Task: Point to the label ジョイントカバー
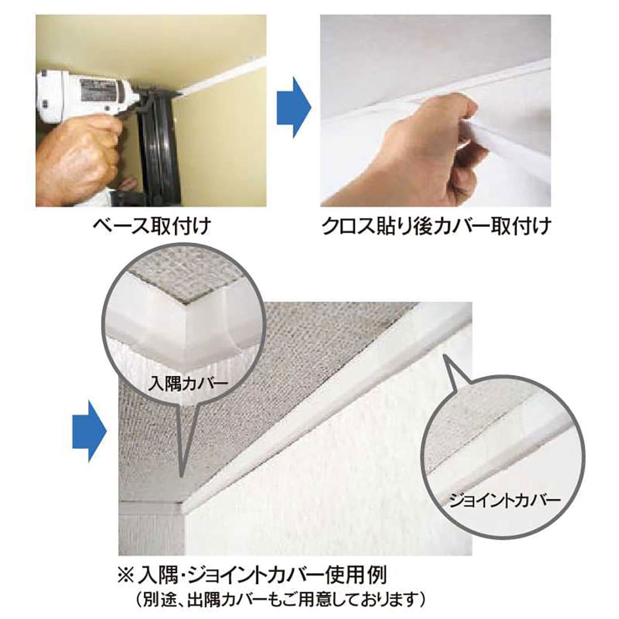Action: [x=503, y=500]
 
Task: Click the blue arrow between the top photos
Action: [x=293, y=108]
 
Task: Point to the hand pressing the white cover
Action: [x=436, y=149]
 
